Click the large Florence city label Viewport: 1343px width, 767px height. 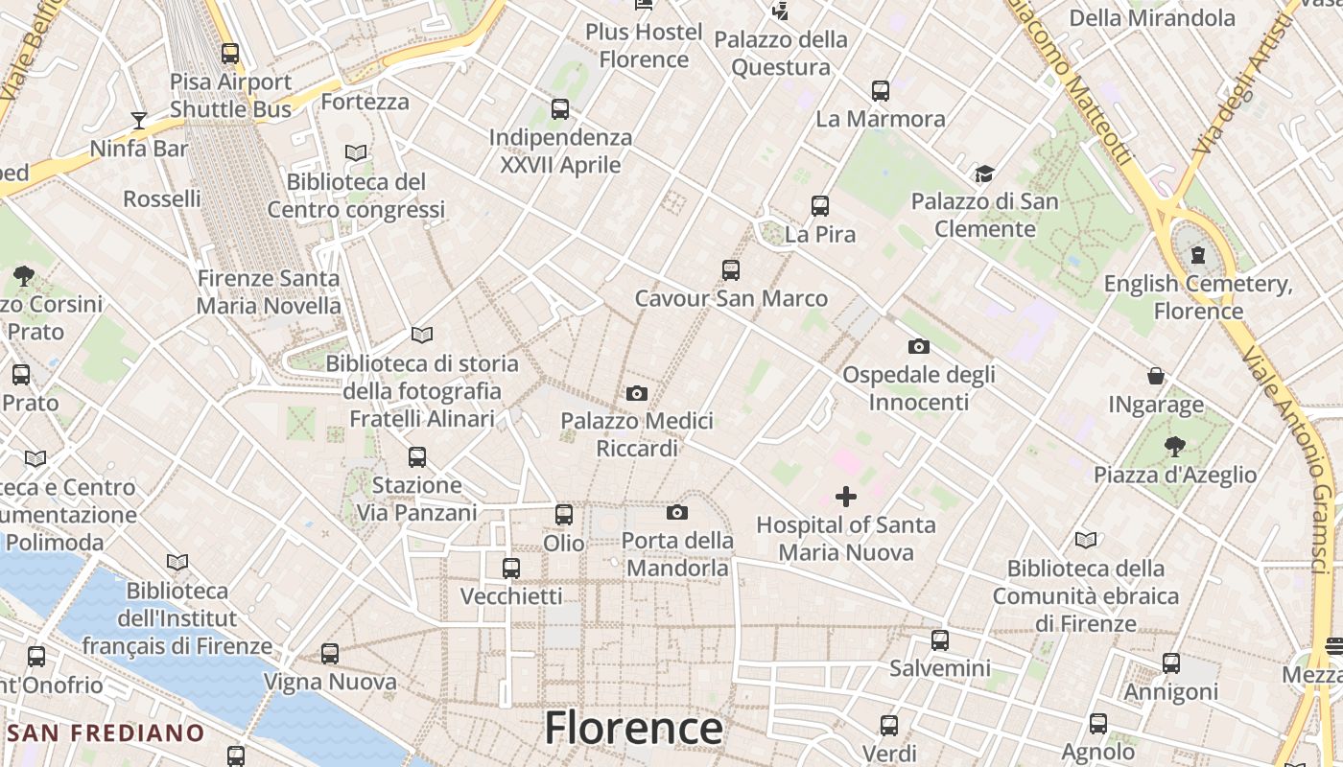pos(633,728)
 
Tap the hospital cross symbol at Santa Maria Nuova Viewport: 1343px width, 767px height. pos(846,497)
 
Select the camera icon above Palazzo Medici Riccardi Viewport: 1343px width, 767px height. pos(636,393)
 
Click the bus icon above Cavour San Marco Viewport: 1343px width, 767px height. pos(731,270)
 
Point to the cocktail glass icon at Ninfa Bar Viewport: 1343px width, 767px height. pos(139,120)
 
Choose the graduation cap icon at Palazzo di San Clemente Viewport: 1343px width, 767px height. pos(984,174)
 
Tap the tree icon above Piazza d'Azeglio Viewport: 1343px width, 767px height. pos(1175,446)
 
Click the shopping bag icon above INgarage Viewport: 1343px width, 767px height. pos(1156,376)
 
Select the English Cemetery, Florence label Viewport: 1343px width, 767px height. pos(1198,297)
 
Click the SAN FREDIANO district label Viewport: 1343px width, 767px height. pos(106,733)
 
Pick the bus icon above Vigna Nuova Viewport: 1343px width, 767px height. pos(330,654)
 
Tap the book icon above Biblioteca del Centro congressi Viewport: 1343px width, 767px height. pos(356,152)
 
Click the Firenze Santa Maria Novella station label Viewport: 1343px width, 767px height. pos(269,292)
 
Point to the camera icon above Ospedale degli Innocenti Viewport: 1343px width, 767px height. pos(918,346)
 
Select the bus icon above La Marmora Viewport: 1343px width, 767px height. pos(881,91)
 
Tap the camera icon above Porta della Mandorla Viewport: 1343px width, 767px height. pos(677,512)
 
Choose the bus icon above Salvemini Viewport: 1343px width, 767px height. pos(940,639)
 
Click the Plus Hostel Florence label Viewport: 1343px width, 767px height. pos(644,45)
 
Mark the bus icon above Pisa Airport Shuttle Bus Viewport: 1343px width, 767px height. pos(230,54)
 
